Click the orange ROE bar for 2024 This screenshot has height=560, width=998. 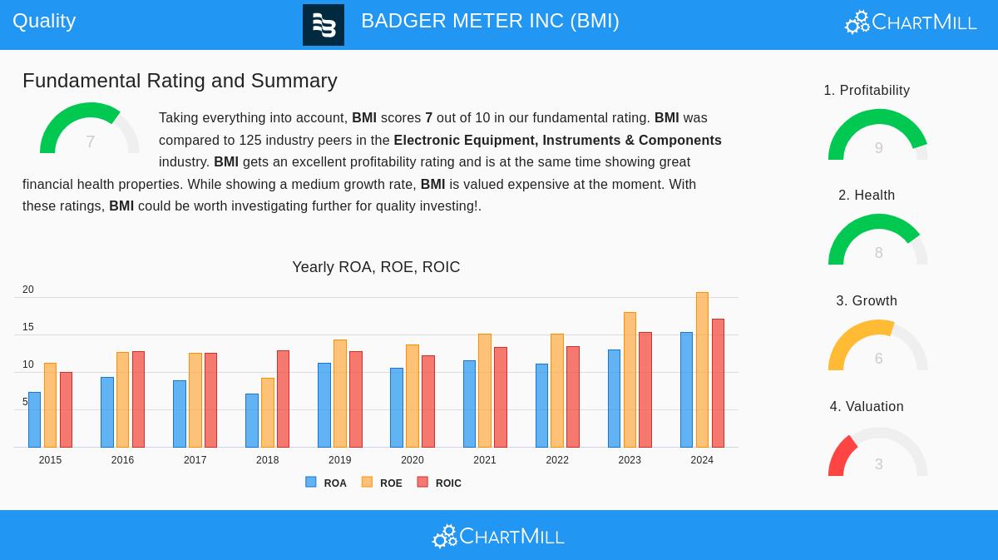702,370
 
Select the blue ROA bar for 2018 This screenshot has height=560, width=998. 251,421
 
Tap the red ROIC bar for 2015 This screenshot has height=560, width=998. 66,410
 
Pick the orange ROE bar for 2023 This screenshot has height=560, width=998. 630,380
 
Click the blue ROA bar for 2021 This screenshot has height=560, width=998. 469,404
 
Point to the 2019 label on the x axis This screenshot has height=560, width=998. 339,460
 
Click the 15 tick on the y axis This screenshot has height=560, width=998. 28,327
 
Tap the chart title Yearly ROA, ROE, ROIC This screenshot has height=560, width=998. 376,267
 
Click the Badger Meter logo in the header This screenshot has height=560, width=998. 324,25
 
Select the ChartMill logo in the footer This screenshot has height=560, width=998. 498,536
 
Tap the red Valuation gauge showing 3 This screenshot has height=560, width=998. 877,453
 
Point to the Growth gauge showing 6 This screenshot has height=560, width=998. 877,347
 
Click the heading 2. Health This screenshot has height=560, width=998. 867,196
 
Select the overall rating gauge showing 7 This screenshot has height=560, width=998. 89,131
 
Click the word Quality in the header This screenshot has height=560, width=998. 44,21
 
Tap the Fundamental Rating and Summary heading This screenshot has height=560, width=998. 180,81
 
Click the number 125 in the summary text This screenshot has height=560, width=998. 249,140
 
